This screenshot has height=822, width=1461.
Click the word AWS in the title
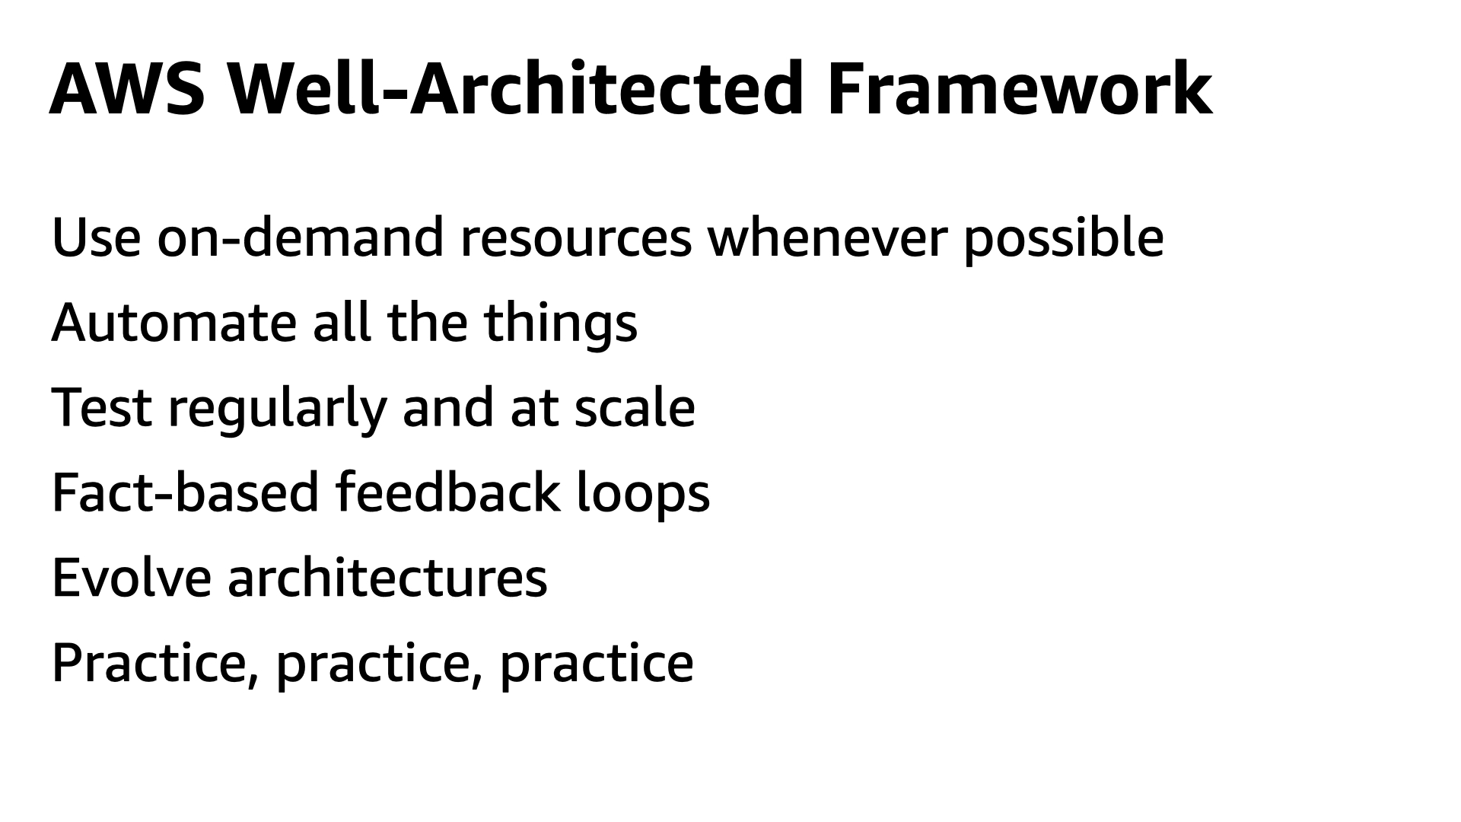127,88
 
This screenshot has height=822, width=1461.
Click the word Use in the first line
96,237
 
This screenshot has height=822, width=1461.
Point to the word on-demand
301,237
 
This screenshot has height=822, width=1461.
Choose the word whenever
828,237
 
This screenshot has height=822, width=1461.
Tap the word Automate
173,323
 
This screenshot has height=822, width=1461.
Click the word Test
102,407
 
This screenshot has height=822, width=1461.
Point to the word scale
635,407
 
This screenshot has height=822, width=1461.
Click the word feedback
447,492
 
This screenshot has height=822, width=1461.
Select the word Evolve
131,577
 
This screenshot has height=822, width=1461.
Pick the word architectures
387,577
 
